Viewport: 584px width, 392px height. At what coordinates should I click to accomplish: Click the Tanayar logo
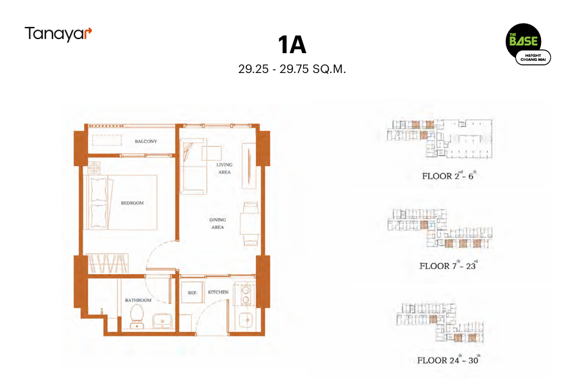pyautogui.click(x=58, y=34)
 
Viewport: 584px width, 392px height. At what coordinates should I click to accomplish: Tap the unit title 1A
pyautogui.click(x=292, y=45)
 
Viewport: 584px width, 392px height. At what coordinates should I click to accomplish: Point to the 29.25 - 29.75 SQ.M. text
pyautogui.click(x=292, y=69)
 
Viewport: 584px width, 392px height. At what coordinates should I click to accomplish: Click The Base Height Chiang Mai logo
pyautogui.click(x=528, y=44)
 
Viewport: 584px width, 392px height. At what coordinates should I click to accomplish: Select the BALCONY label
pyautogui.click(x=146, y=142)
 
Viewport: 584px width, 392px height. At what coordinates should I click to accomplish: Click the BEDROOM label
pyautogui.click(x=132, y=203)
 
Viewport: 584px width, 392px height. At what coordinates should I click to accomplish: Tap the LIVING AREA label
pyautogui.click(x=224, y=168)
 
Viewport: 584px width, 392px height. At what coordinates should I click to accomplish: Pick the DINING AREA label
pyautogui.click(x=217, y=224)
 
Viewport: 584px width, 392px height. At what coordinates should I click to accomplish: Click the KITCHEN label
pyautogui.click(x=218, y=292)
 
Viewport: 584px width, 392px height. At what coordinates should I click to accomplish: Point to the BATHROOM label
pyautogui.click(x=138, y=300)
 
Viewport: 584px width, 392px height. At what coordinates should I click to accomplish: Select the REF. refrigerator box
pyautogui.click(x=192, y=293)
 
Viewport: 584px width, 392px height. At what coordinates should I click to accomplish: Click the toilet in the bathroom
pyautogui.click(x=137, y=317)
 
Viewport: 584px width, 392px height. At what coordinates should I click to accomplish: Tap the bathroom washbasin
pyautogui.click(x=162, y=321)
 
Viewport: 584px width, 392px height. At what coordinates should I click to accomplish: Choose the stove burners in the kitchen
pyautogui.click(x=246, y=295)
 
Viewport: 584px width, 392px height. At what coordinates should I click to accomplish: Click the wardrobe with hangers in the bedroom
pyautogui.click(x=107, y=263)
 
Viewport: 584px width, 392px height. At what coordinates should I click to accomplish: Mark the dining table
pyautogui.click(x=249, y=224)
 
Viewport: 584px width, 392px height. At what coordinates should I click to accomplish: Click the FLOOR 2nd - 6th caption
pyautogui.click(x=449, y=176)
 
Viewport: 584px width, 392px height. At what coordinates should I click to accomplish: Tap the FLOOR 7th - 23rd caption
pyautogui.click(x=449, y=265)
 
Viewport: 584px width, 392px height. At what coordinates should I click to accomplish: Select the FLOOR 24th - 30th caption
pyautogui.click(x=449, y=359)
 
